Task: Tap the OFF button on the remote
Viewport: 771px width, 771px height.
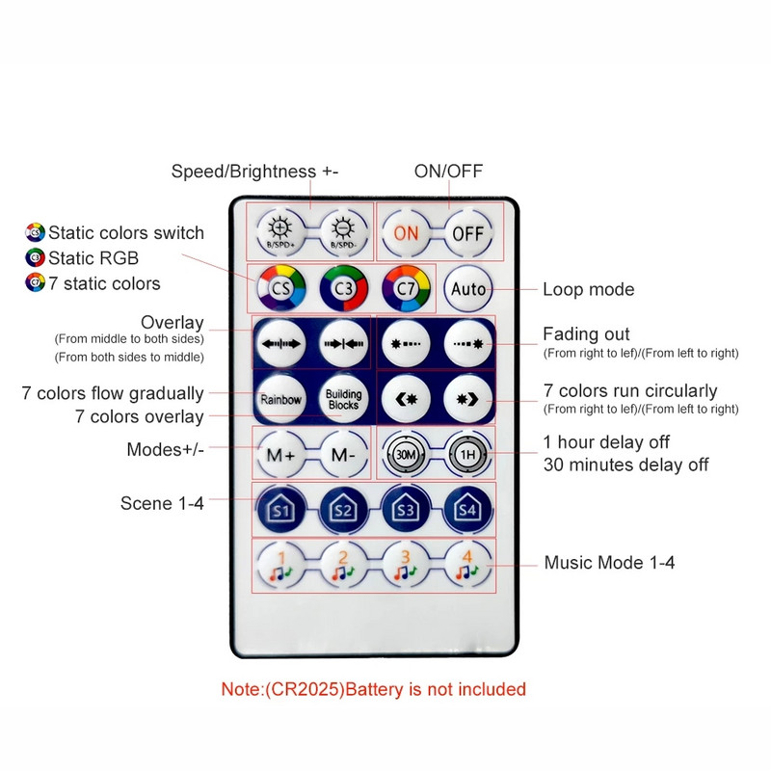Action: (468, 233)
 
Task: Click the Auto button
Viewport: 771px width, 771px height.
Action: (468, 288)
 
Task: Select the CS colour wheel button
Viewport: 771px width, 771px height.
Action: (279, 288)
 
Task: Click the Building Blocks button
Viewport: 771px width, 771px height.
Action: (343, 399)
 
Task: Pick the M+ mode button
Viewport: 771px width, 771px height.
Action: (280, 454)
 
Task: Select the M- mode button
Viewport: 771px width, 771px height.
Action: (343, 454)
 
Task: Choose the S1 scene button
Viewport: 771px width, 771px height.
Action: (280, 509)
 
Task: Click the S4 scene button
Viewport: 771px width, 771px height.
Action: (468, 509)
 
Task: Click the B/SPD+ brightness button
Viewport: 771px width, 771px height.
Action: (280, 233)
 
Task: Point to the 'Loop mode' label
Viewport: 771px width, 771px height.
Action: (588, 289)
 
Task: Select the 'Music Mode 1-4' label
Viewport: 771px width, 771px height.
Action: (609, 563)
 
